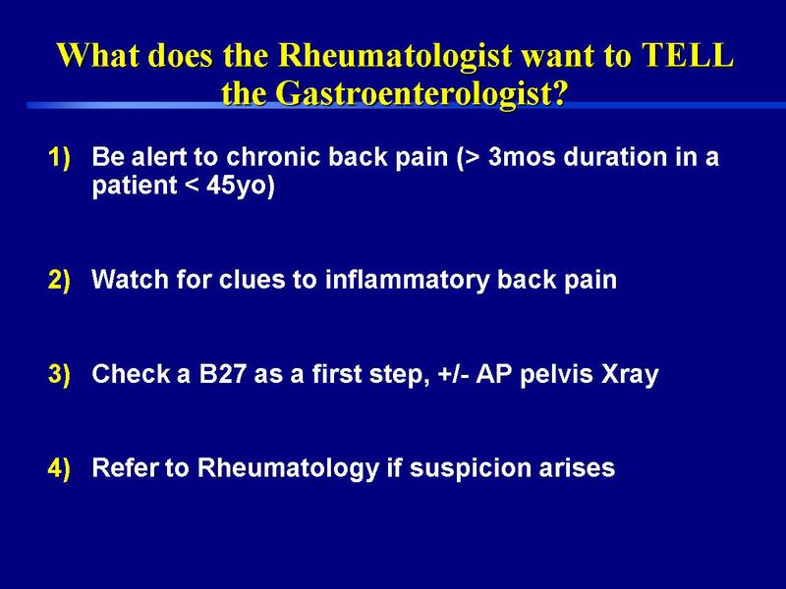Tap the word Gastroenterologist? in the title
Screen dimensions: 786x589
[421, 93]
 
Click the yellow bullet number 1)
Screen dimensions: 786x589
[60, 158]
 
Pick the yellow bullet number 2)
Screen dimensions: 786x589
[60, 280]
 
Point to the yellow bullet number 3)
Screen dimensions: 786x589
[60, 374]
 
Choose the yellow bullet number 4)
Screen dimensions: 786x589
[60, 468]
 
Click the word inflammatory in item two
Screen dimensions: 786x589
[407, 280]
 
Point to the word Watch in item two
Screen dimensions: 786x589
[131, 279]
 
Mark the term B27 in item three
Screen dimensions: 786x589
[223, 374]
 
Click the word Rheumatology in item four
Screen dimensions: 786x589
[288, 469]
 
